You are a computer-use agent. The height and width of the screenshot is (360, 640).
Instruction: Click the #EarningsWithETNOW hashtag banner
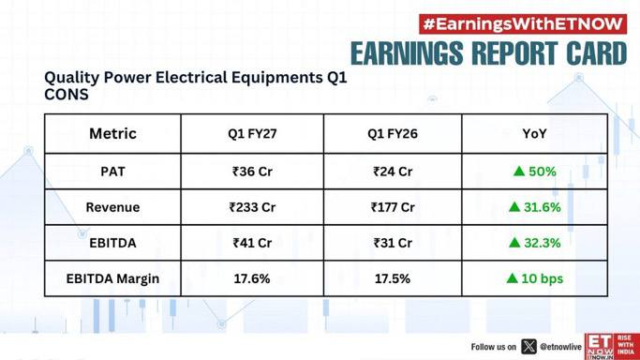point(523,24)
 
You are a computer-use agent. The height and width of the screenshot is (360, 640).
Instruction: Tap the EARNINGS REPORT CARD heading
point(488,53)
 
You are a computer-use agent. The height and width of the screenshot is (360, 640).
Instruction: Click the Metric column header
point(112,133)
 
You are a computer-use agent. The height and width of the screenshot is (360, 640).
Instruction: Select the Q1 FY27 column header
point(252,133)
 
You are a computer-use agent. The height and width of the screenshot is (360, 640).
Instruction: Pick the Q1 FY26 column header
point(393,133)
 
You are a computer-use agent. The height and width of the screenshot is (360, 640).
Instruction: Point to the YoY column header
point(534,133)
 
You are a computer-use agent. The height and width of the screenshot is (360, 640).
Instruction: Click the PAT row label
point(112,172)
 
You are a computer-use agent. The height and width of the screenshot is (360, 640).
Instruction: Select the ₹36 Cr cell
point(252,172)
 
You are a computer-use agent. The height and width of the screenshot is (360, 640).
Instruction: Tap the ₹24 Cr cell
point(393,172)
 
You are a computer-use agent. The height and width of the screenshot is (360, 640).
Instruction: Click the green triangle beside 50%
point(519,171)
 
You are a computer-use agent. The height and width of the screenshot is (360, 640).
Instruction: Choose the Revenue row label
point(112,207)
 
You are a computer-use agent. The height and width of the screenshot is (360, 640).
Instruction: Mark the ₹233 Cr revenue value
point(252,207)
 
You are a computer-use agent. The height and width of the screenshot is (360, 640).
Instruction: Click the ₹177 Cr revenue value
point(393,207)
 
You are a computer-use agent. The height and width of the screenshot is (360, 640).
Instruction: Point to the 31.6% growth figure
point(543,207)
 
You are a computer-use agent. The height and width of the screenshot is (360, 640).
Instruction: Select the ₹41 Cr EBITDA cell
point(252,243)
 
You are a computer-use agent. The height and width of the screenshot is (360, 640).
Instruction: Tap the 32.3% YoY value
point(543,243)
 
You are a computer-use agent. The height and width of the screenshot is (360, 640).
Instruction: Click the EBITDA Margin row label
point(112,278)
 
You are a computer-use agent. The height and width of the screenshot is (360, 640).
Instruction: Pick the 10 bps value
point(542,278)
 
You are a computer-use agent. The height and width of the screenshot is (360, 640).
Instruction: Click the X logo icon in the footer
point(529,347)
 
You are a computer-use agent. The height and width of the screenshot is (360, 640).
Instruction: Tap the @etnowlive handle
point(560,347)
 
